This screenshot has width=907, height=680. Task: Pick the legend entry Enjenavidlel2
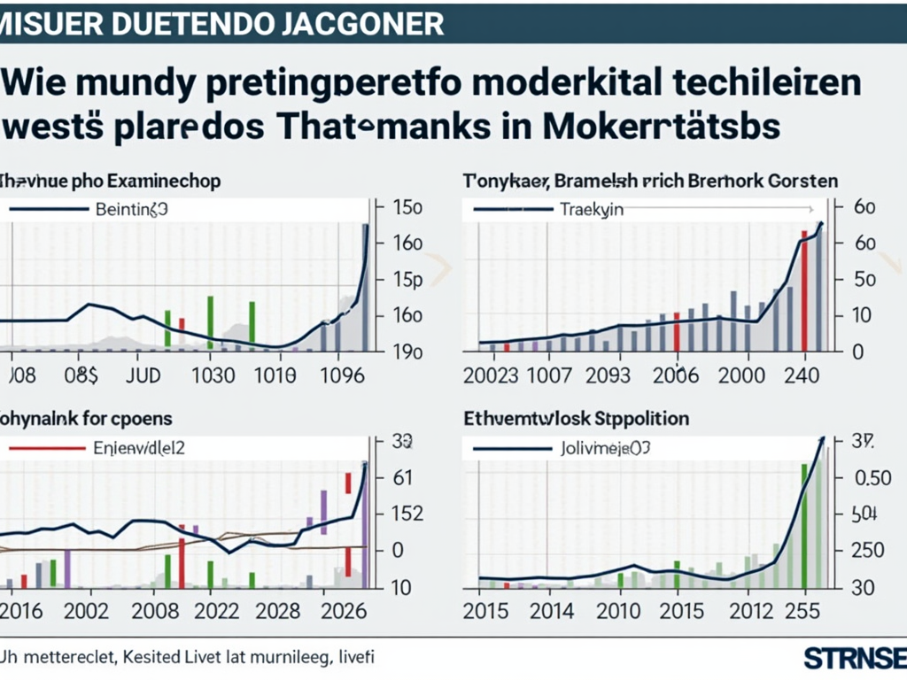139,448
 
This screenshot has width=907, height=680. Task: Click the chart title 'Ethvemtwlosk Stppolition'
577,417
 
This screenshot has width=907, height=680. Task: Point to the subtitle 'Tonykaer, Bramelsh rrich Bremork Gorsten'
650,181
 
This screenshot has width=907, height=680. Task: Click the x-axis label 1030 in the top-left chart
213,375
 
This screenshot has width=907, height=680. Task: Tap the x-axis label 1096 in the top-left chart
340,375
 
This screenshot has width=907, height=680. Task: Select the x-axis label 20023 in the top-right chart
491,375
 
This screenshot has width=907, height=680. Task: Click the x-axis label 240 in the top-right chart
802,375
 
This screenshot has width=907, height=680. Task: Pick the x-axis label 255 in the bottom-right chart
802,612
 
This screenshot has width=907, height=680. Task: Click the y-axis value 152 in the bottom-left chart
400,514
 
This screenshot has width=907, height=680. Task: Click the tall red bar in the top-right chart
804,292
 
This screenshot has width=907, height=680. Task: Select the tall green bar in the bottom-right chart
804,527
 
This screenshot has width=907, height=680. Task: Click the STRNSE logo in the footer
855,659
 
